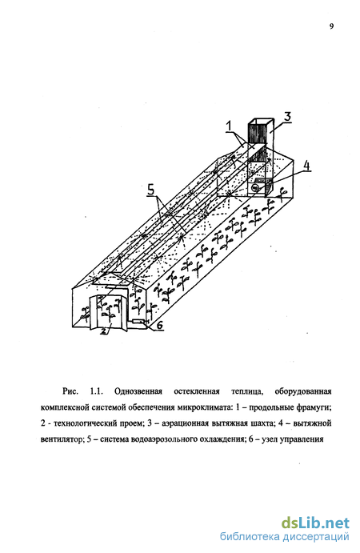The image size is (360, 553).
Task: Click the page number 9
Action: tap(331, 26)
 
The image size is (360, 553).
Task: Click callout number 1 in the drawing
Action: tap(229, 126)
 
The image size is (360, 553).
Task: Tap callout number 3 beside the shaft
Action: tap(288, 116)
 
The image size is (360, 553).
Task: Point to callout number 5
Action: tap(150, 190)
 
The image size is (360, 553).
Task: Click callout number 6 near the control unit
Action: tap(160, 325)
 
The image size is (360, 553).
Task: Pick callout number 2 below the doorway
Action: tap(104, 331)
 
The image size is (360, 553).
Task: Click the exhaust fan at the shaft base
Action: tap(256, 188)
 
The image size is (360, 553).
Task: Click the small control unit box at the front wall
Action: tap(138, 321)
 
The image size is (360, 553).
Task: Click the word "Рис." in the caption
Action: tap(70, 391)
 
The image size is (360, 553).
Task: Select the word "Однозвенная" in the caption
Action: tap(138, 391)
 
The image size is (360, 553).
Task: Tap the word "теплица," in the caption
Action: tap(247, 391)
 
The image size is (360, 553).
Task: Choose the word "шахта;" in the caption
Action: tap(261, 423)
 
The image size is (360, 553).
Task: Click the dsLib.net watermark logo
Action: tap(315, 523)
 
